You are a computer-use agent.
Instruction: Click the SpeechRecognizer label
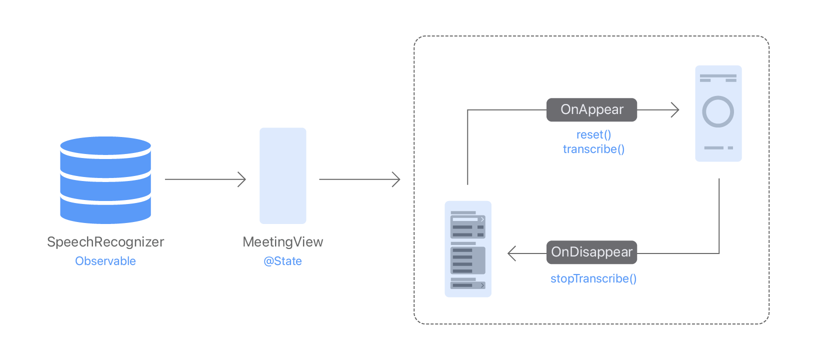[105, 242]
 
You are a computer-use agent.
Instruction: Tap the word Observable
[105, 261]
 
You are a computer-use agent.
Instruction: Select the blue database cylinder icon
[105, 179]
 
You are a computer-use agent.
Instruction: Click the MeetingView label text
[283, 242]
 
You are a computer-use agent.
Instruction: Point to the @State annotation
[283, 261]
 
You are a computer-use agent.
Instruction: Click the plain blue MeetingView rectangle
[283, 175]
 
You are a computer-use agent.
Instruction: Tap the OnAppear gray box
[591, 110]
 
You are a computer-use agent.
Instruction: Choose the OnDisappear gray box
[591, 252]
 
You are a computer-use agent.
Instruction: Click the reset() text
[593, 135]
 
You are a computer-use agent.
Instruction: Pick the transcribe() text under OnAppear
[593, 149]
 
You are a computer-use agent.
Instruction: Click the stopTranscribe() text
[593, 278]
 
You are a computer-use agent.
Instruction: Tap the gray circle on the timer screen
[718, 111]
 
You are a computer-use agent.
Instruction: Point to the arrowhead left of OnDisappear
[511, 253]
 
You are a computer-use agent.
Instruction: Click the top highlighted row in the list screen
[467, 219]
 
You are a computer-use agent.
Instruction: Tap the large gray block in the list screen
[467, 260]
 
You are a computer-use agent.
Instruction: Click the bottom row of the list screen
[467, 285]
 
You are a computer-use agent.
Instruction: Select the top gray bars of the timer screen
[718, 78]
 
